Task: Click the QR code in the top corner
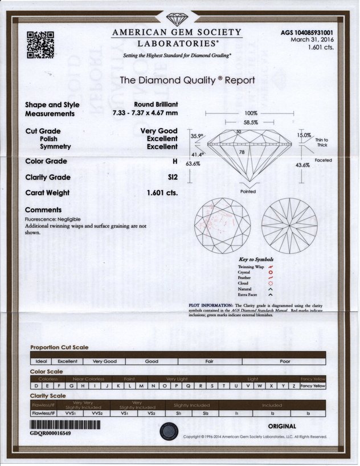[x=40, y=45]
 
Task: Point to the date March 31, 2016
[x=313, y=40]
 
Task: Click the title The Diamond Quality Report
[x=187, y=80]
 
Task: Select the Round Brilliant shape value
[x=156, y=105]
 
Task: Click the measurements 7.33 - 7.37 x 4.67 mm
[x=145, y=113]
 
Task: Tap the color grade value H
[x=175, y=161]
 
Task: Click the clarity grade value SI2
[x=172, y=177]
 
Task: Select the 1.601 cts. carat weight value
[x=162, y=193]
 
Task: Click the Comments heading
[x=43, y=210]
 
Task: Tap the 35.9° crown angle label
[x=197, y=136]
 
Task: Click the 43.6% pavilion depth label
[x=302, y=165]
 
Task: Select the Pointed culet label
[x=248, y=191]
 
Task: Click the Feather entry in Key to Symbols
[x=244, y=277]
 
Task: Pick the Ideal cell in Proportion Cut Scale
[x=42, y=361]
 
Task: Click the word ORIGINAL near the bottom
[x=281, y=426]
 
